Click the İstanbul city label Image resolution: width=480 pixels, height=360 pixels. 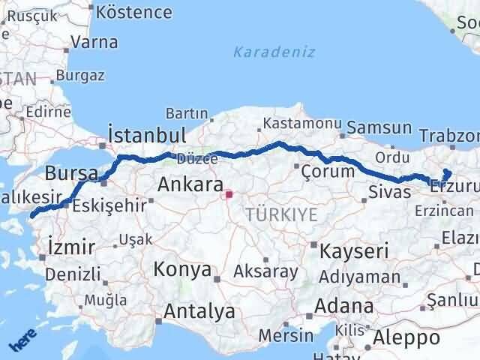tap(147, 136)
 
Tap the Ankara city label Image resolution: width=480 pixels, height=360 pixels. tap(190, 185)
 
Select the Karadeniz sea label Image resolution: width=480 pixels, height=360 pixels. tap(274, 52)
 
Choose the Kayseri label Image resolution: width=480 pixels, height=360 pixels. tap(354, 250)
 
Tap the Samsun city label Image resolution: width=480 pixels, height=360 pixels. tap(385, 128)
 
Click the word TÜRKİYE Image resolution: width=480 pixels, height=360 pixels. tap(280, 215)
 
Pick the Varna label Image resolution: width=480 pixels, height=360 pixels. tap(94, 42)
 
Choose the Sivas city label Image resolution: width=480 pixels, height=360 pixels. tap(389, 192)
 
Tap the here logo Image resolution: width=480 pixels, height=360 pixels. tap(21, 343)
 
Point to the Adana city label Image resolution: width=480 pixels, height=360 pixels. tap(344, 307)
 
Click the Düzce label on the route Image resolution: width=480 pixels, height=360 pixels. tap(187, 158)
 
